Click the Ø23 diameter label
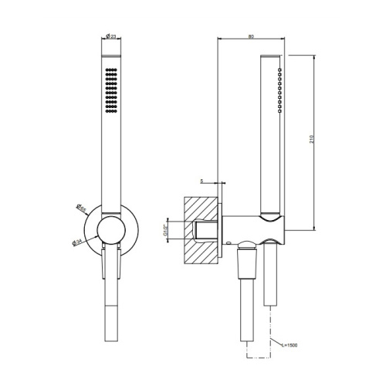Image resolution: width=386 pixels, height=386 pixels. pyautogui.click(x=112, y=36)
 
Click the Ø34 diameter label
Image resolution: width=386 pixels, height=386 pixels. pyautogui.click(x=77, y=242)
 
